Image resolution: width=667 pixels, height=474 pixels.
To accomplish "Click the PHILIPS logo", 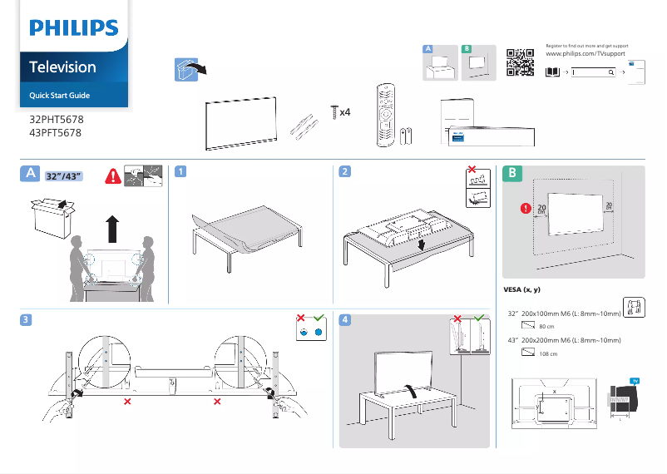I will coord(74,29).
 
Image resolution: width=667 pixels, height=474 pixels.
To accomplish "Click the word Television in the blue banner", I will coord(62,67).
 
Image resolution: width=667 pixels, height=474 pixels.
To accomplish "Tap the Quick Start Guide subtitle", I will coord(59,96).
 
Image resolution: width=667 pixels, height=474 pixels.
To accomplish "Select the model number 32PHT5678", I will coord(56,120).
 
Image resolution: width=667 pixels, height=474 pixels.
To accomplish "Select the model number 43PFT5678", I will coord(56,131).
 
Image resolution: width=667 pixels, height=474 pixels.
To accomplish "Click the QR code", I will coord(520,62).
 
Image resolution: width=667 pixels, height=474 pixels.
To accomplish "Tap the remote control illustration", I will coord(385,115).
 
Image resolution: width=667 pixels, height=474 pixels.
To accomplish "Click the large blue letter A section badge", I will coord(30,173).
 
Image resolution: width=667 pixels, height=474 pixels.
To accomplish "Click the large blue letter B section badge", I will coord(514,173).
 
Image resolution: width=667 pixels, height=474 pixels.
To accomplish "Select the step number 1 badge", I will coord(180,171).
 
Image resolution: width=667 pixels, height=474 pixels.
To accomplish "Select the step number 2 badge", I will coord(344,171).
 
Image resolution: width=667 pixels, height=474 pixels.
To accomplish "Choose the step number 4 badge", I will coord(344,319).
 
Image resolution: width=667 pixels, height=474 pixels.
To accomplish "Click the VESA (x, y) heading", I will coord(523,290).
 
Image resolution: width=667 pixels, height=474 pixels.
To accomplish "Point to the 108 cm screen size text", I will coord(548,354).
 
